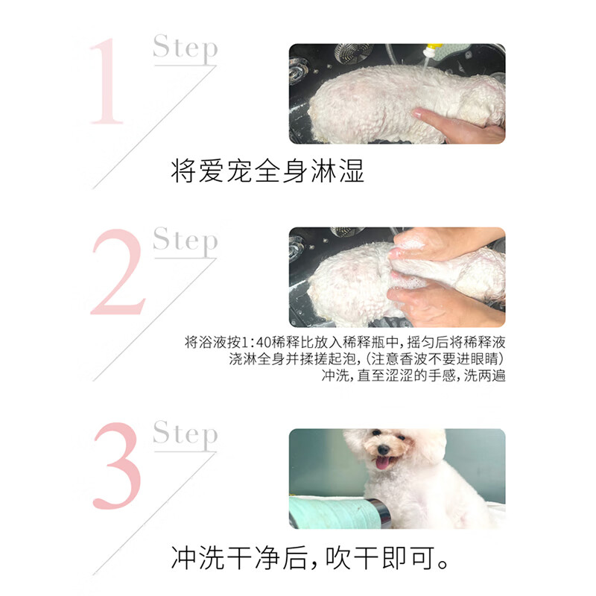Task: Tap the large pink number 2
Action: point(117,272)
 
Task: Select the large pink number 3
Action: point(117,466)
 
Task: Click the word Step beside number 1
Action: point(185,48)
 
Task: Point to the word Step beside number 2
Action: point(185,241)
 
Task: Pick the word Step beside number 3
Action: point(185,434)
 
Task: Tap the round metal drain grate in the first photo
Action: point(354,52)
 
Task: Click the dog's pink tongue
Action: point(384,463)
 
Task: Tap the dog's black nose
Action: point(383,449)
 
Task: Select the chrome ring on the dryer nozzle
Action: point(378,513)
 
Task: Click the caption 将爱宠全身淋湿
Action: point(267,171)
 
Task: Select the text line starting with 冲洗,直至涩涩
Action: point(413,376)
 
